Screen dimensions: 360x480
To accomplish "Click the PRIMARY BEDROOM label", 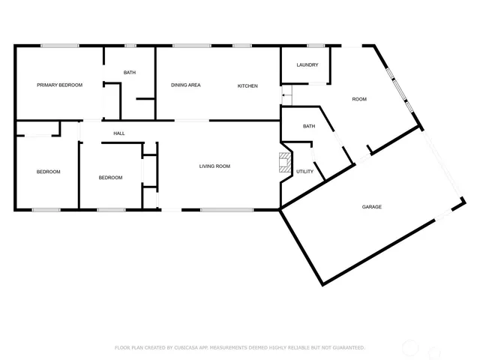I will (59, 85).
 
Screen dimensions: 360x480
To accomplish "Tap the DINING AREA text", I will (185, 85).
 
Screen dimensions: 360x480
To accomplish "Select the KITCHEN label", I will (247, 86).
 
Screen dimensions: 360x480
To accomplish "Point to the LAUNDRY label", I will (307, 65).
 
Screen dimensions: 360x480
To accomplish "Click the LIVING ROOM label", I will (214, 166).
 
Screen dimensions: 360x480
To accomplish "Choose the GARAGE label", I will (372, 207).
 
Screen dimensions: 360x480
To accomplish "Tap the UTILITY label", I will (304, 172).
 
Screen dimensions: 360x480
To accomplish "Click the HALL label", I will (119, 133).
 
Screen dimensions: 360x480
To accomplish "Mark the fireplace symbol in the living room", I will (284, 163).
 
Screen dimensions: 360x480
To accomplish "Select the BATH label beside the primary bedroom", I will (130, 72).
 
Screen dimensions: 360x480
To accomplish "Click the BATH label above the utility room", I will (309, 127).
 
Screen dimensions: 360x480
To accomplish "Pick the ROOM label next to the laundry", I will (360, 99).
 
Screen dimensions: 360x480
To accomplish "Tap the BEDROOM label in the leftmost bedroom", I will (48, 172).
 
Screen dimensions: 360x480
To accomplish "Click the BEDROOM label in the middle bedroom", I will (110, 178).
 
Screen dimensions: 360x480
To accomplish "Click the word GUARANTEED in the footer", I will (346, 348).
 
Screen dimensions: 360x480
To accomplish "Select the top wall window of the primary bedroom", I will (60, 46).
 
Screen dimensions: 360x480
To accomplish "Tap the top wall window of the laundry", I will (316, 46).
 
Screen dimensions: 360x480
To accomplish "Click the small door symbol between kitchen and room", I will (285, 94).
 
